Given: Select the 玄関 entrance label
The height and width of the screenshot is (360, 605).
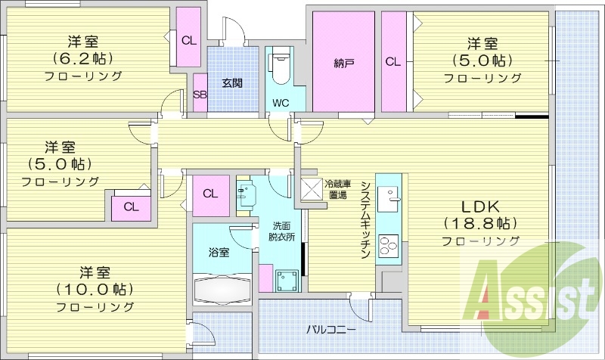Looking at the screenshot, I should [x=231, y=83].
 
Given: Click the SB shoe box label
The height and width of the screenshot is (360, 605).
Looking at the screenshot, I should [x=200, y=95].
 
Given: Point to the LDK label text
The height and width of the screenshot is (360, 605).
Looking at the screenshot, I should [x=479, y=206].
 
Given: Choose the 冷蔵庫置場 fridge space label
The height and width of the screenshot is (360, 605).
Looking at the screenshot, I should [x=337, y=189].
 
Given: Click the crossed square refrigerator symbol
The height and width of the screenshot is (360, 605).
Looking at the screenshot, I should [x=312, y=188].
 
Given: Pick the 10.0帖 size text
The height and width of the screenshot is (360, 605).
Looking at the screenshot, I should [x=94, y=289].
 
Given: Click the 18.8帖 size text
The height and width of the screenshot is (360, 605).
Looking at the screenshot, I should [x=479, y=224].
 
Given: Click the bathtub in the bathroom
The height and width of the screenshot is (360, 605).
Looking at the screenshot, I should [x=222, y=291].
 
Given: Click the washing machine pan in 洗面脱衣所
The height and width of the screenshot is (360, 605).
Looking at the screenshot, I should [x=287, y=281].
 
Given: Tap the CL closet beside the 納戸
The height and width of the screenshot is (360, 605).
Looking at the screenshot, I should [x=393, y=62].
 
